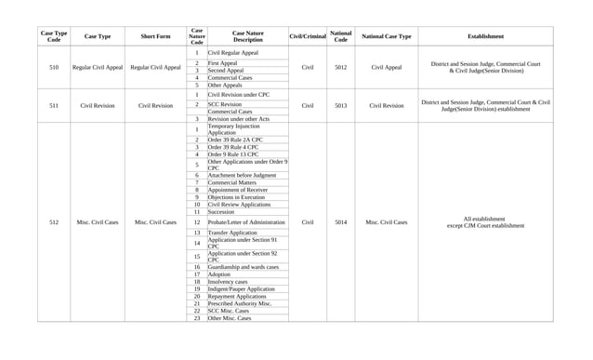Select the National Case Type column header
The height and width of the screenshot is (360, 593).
pos(386,36)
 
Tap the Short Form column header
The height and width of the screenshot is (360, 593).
pos(155,36)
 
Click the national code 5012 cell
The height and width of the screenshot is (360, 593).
pos(340,68)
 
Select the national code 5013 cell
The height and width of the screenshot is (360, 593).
pos(340,106)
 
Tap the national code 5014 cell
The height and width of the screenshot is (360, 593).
pos(340,222)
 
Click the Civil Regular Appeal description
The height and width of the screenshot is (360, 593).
pos(233,54)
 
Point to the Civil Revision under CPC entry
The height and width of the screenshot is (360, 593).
pos(239,95)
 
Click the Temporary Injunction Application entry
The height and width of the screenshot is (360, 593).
pos(235,129)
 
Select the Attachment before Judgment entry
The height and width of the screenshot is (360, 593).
pos(242,175)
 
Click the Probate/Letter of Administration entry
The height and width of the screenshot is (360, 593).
pos(246,222)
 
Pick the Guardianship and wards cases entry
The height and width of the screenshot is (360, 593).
pos(243,267)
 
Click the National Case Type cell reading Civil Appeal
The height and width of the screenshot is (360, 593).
pos(386,68)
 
